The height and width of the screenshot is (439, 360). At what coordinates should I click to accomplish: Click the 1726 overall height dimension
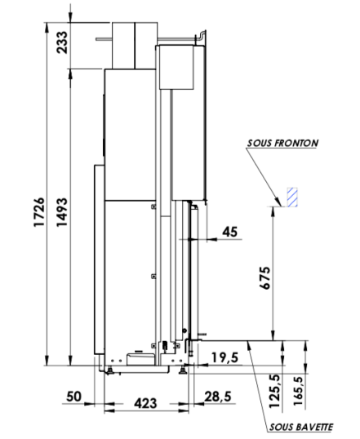(x=39, y=212)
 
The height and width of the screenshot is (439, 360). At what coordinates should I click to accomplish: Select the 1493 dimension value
(x=62, y=212)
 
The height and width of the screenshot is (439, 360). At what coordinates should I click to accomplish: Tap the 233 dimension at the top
(x=62, y=42)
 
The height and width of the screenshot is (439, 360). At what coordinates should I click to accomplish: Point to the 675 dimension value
(x=265, y=277)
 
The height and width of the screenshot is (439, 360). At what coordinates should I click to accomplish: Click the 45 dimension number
(x=229, y=232)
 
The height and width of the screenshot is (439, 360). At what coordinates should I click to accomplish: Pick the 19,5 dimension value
(x=224, y=357)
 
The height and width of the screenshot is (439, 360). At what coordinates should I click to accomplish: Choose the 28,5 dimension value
(x=218, y=397)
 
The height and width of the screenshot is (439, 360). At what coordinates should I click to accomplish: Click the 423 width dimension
(x=145, y=403)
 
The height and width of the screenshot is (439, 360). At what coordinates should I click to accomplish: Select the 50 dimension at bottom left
(x=74, y=397)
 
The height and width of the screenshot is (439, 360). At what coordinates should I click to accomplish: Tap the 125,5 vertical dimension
(x=274, y=391)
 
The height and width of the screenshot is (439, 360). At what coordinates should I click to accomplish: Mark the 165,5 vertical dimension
(x=298, y=391)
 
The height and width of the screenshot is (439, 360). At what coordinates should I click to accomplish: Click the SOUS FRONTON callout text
(x=282, y=143)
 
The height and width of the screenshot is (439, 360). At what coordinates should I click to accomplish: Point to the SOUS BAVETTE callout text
(x=301, y=427)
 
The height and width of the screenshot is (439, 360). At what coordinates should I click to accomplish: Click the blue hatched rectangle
(x=292, y=197)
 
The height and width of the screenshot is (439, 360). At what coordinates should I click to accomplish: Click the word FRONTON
(x=296, y=143)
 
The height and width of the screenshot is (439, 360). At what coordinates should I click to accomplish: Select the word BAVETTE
(x=314, y=427)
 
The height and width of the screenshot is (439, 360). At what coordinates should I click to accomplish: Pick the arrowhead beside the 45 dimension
(x=211, y=239)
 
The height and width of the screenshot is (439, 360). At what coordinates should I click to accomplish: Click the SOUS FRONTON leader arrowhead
(x=278, y=202)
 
